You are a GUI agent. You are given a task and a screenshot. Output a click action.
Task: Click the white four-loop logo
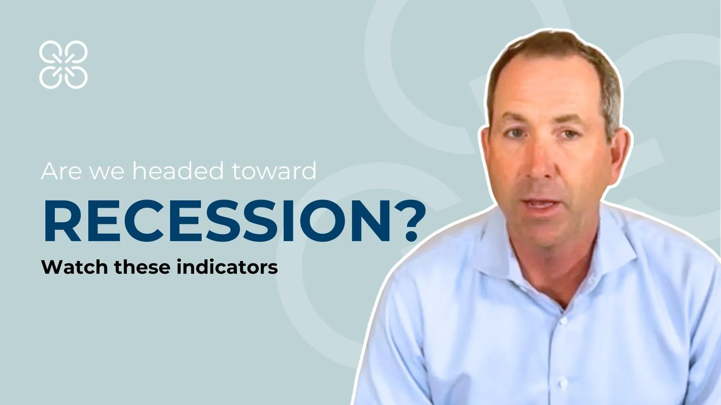click(x=63, y=64)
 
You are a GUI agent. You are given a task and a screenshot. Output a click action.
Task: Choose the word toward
click(x=274, y=171)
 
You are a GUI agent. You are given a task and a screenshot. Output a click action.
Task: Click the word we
click(x=107, y=173)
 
